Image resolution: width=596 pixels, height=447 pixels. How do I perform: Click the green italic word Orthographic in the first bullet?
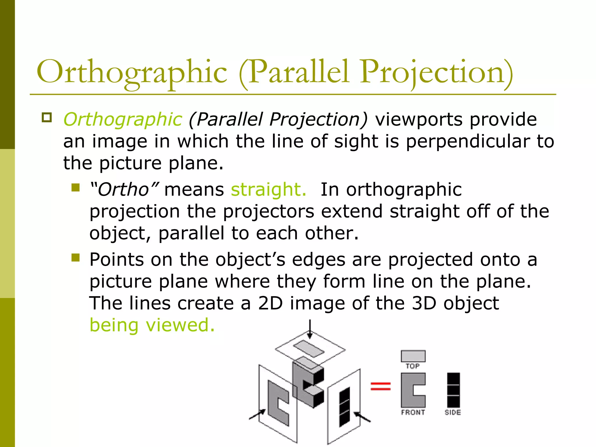[123, 120]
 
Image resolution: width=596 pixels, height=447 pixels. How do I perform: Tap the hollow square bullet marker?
[47, 118]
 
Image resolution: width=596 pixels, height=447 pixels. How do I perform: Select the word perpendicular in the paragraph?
[468, 142]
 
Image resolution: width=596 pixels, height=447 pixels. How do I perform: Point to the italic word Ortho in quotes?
[124, 190]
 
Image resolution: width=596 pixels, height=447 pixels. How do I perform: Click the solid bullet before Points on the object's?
[76, 258]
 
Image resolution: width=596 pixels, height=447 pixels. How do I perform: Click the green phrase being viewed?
[152, 325]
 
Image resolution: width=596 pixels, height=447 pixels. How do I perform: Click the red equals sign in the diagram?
[380, 386]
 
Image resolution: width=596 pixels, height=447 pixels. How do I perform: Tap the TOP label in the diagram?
[413, 366]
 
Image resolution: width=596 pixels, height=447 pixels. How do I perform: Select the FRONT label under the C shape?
[413, 412]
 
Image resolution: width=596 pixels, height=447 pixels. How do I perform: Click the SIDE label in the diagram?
[453, 412]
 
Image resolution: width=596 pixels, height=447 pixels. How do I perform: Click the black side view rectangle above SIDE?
[453, 390]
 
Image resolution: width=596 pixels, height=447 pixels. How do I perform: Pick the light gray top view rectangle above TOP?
[413, 356]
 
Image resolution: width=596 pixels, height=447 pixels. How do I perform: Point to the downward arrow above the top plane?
[310, 329]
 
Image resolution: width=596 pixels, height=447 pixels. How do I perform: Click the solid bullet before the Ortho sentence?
[76, 187]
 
